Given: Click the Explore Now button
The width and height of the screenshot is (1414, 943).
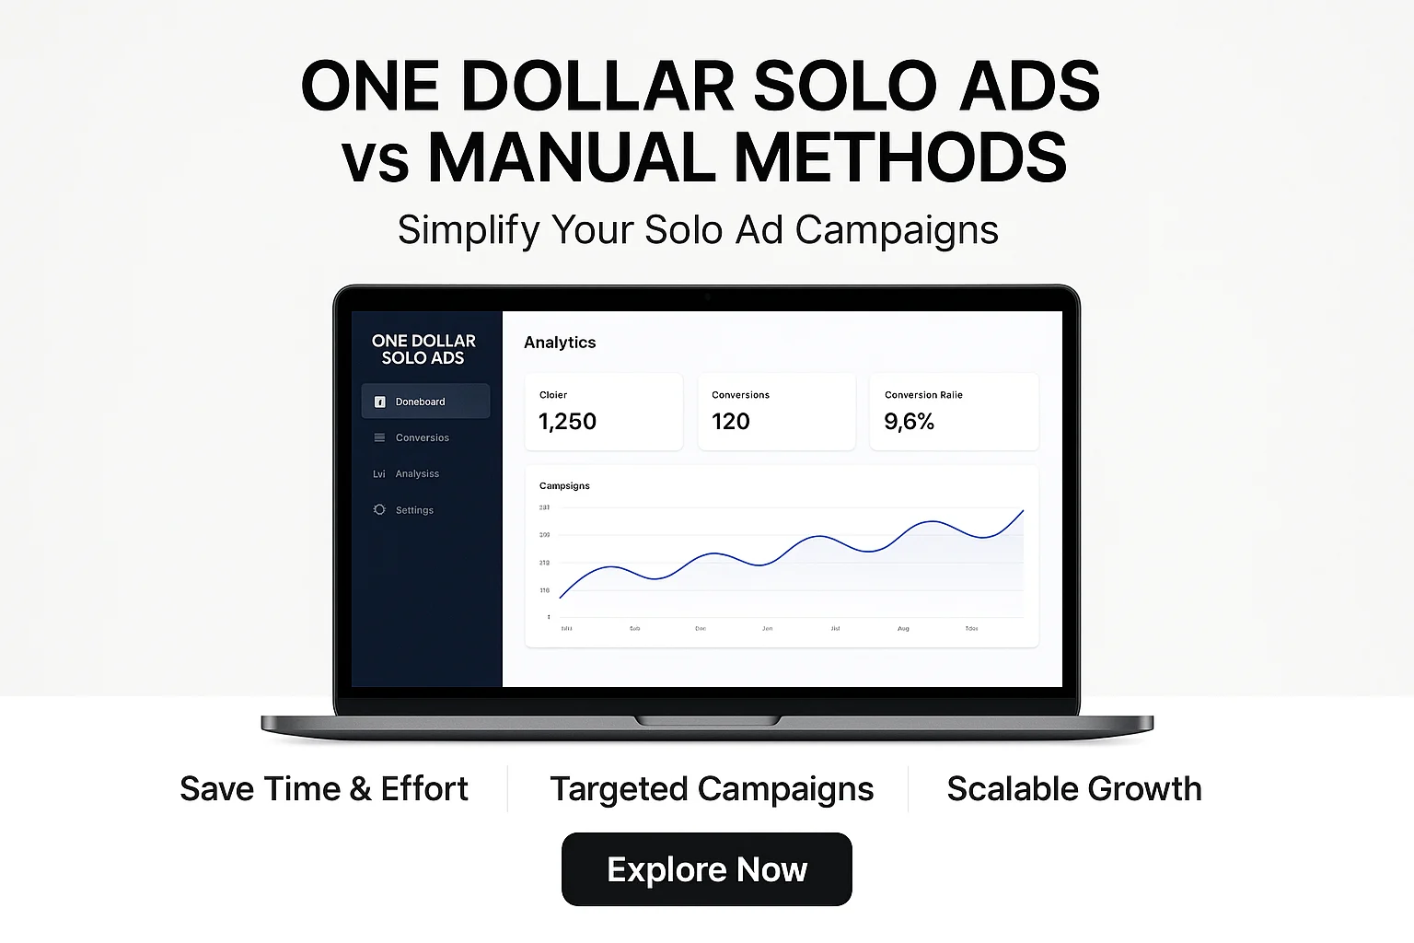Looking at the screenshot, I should (706, 869).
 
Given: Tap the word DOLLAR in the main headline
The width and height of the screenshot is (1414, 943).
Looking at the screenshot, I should (597, 87).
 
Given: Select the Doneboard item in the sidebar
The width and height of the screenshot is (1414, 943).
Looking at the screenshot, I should (420, 402).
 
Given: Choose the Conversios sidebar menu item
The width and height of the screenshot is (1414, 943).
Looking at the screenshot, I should (422, 437).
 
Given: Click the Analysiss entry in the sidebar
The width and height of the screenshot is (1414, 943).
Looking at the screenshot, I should (417, 473).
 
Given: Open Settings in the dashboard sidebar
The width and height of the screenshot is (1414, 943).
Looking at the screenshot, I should (414, 510).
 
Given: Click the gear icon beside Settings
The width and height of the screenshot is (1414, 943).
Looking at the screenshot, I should (379, 509).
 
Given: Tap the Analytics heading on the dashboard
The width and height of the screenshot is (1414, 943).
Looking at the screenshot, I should (560, 343).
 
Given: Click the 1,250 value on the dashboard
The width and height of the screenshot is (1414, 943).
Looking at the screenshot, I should (567, 422).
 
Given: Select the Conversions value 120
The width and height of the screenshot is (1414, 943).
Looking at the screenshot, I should (731, 422).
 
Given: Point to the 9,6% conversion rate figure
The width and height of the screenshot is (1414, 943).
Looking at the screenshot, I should (909, 422).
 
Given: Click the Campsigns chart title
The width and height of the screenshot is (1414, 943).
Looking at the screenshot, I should (564, 485).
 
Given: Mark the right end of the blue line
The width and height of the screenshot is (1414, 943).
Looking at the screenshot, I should (1023, 511).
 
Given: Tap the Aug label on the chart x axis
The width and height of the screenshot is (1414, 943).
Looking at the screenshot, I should (903, 628).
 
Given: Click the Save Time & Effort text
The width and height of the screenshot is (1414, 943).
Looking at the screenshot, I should (324, 789).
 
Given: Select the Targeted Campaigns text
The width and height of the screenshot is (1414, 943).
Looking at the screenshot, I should (712, 789).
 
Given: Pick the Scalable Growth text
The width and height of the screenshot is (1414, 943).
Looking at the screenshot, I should (1074, 789).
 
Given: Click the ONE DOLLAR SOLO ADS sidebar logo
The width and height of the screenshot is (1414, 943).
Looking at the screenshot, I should (423, 349).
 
